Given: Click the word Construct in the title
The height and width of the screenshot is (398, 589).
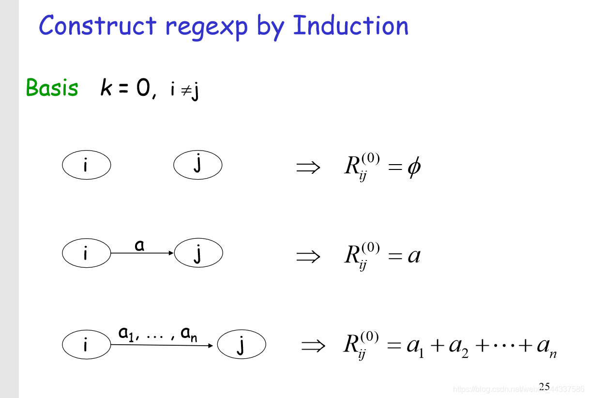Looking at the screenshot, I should pyautogui.click(x=97, y=26).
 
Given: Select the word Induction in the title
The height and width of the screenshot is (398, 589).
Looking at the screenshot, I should pyautogui.click(x=350, y=26).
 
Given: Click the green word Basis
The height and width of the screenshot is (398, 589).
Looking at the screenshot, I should pyautogui.click(x=52, y=88).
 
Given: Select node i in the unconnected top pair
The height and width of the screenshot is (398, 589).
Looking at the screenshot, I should pyautogui.click(x=86, y=166).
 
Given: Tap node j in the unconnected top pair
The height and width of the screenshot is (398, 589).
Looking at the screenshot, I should pyautogui.click(x=197, y=166).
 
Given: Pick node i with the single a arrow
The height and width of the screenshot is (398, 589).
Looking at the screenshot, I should pyautogui.click(x=86, y=253).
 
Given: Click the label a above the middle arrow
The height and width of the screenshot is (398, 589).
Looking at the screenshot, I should pyautogui.click(x=140, y=245).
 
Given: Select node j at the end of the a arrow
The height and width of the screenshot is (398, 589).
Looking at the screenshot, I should pyautogui.click(x=198, y=253).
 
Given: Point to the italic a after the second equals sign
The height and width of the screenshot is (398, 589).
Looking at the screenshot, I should pyautogui.click(x=414, y=255).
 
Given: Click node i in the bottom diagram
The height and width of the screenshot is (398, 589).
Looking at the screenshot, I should pyautogui.click(x=86, y=345).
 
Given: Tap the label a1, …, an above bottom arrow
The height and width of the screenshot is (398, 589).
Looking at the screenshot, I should pyautogui.click(x=157, y=334).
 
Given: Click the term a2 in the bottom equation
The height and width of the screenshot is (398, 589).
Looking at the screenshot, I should pyautogui.click(x=458, y=347).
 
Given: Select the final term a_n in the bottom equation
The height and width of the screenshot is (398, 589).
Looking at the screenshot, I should pyautogui.click(x=546, y=347).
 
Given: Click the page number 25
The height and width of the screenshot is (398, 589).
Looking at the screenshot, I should pyautogui.click(x=544, y=386).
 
